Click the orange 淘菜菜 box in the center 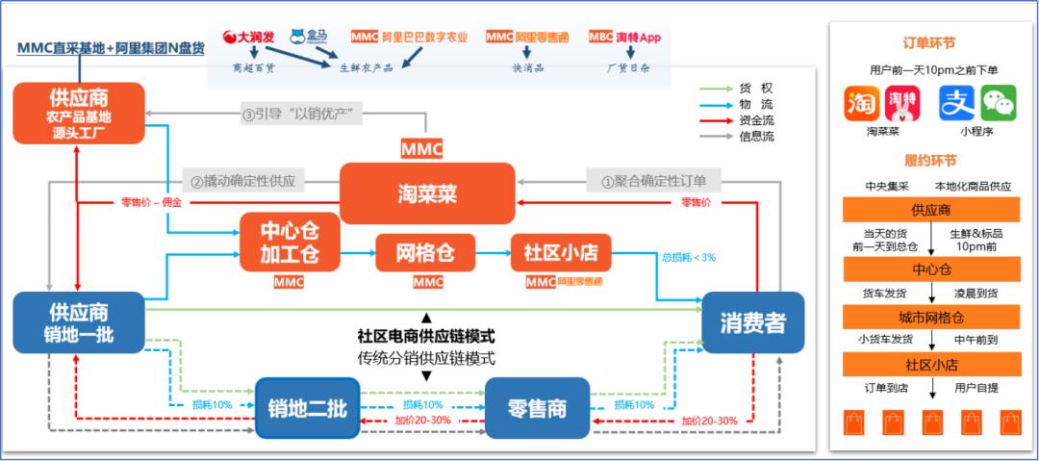click(x=427, y=193)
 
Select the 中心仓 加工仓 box click(x=290, y=242)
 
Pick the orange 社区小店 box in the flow click(x=560, y=253)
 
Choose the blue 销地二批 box click(x=307, y=408)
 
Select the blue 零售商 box click(x=536, y=408)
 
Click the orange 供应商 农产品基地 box click(x=79, y=113)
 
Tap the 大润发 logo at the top click(x=249, y=38)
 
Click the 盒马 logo click(x=309, y=38)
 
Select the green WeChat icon click(x=998, y=103)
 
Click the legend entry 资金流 click(x=755, y=120)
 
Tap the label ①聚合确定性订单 click(x=653, y=179)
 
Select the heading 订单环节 click(x=930, y=43)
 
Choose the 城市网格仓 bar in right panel click(x=930, y=317)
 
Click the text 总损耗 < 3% click(x=688, y=257)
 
